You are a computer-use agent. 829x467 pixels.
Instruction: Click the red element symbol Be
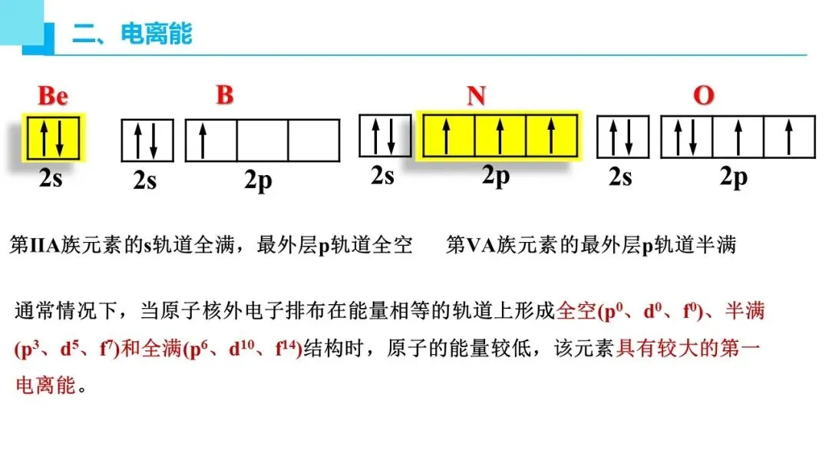click(x=53, y=96)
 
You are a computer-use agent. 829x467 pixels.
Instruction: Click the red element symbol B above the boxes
click(x=224, y=95)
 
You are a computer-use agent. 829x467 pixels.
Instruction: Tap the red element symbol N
click(x=476, y=96)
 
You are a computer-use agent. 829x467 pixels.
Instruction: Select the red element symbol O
click(x=703, y=96)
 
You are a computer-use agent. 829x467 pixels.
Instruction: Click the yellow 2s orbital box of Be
click(x=53, y=137)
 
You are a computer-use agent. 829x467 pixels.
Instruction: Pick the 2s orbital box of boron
click(x=147, y=141)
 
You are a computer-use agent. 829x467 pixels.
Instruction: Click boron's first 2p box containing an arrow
click(x=211, y=141)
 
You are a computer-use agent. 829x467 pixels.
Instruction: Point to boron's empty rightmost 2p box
click(x=313, y=141)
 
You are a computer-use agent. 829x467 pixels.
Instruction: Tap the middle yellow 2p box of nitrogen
click(x=500, y=135)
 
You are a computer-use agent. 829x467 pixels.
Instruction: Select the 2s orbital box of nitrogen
click(x=385, y=135)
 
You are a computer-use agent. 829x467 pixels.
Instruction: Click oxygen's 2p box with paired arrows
click(x=686, y=137)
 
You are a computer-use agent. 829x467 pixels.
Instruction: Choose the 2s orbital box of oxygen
click(x=623, y=137)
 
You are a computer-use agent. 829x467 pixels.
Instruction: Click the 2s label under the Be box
click(x=51, y=178)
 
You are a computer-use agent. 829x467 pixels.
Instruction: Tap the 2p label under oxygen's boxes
click(x=733, y=177)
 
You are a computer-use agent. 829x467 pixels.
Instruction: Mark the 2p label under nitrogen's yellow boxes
click(x=496, y=176)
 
